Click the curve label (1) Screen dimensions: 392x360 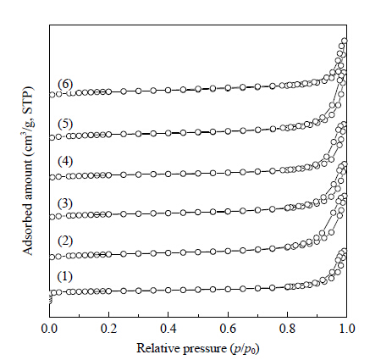point(65,276)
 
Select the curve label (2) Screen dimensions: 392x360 point(65,241)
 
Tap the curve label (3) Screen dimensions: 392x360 point(65,203)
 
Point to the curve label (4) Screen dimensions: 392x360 point(65,161)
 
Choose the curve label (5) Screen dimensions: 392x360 point(65,124)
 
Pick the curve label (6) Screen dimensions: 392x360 point(65,84)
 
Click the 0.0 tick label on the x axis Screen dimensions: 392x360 point(49,329)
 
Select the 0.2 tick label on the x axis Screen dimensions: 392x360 point(109,329)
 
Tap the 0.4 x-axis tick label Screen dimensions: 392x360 point(168,329)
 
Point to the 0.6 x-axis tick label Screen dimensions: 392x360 point(228,329)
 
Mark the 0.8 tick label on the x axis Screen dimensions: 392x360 point(287,329)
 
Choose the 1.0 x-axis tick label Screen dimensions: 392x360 point(346,329)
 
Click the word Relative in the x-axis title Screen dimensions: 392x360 point(158,348)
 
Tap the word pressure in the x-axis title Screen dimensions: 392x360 point(205,349)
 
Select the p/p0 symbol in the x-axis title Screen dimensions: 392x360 point(245,349)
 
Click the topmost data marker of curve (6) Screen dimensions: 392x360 point(345,42)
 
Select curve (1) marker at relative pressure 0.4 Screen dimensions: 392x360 point(168,290)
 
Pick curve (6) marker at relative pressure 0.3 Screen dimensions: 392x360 point(139,91)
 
